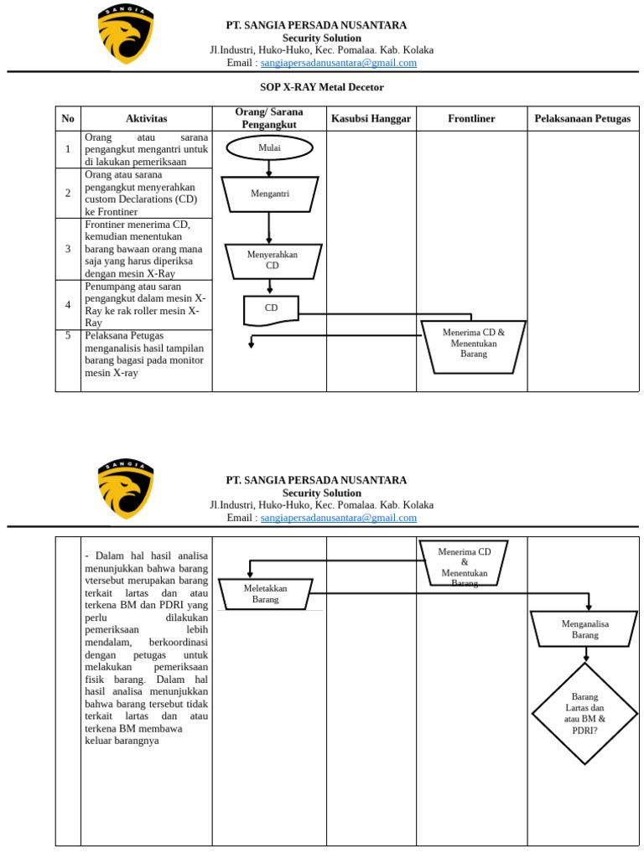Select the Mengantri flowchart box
269,194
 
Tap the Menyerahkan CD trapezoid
273,261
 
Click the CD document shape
271,310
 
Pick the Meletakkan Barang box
266,594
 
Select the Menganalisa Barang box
584,629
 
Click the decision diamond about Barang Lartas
584,714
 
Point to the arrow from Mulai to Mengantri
269,168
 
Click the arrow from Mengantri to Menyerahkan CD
269,228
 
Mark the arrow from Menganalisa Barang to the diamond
586,655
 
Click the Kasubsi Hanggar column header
371,119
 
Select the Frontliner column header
471,119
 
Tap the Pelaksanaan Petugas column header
583,119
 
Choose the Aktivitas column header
146,119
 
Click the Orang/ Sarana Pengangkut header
269,118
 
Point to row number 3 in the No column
68,249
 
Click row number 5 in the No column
68,335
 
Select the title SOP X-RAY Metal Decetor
322,87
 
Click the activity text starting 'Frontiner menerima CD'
144,249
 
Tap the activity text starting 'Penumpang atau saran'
145,305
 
